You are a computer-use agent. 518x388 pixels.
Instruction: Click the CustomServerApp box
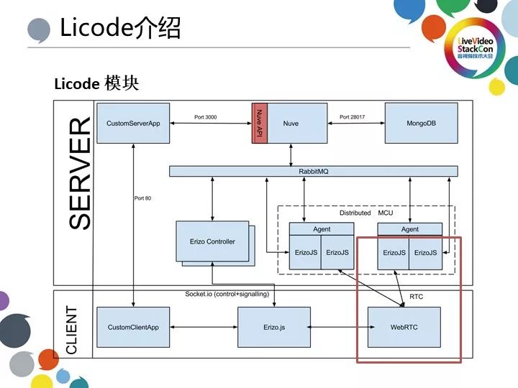coord(133,124)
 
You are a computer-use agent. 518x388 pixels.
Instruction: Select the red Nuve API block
coord(259,124)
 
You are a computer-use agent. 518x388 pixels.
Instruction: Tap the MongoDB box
coord(422,124)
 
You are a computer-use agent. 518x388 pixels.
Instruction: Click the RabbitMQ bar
coord(313,171)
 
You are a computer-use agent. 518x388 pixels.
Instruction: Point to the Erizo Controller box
coord(212,241)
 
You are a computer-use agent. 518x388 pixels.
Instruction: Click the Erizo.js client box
coord(273,327)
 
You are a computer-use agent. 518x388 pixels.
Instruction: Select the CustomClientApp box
coord(133,327)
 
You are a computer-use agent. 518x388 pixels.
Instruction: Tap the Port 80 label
coord(143,198)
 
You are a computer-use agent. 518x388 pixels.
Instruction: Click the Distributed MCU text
coord(366,213)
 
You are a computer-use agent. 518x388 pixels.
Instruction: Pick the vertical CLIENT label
coord(73,329)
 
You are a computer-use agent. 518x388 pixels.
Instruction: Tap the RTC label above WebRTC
coord(416,296)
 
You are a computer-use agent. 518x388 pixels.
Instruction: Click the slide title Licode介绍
coord(119,28)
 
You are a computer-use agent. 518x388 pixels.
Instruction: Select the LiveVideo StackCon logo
coord(476,50)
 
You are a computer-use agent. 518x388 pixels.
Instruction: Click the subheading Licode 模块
coord(96,84)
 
